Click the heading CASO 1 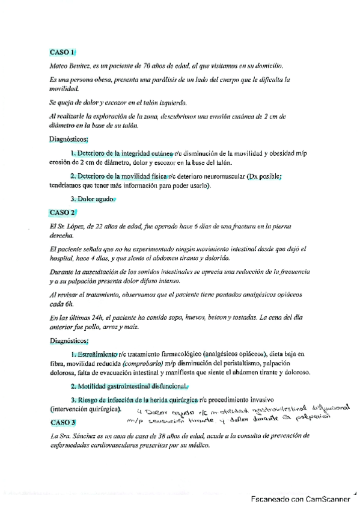62,52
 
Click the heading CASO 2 62,212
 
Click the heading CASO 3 62,422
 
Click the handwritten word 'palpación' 329,414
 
